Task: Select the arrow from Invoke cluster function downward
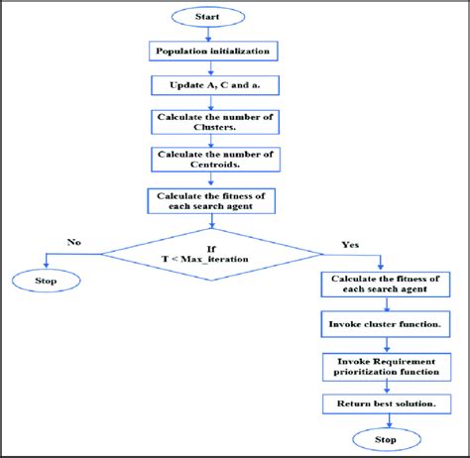point(380,344)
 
